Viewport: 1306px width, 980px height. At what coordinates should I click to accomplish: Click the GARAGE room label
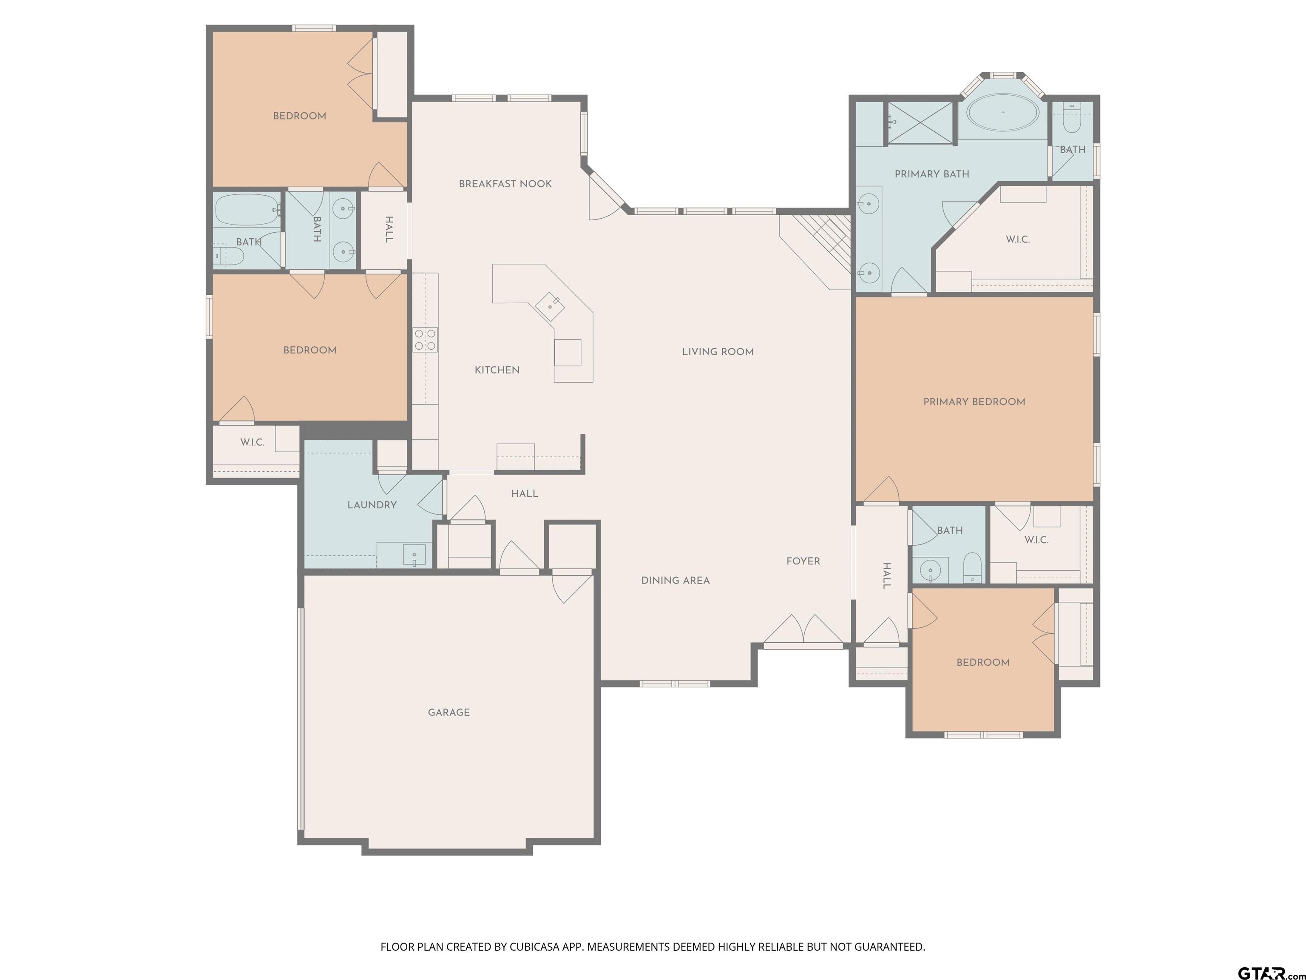[x=449, y=712]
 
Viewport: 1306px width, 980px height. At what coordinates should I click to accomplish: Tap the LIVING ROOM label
[x=718, y=352]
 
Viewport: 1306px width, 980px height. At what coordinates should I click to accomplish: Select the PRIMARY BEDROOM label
[x=974, y=402]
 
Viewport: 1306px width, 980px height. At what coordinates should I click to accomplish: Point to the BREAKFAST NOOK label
[x=505, y=184]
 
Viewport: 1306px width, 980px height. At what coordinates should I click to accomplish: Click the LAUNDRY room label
[x=372, y=505]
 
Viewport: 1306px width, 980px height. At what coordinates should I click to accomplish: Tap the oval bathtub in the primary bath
[x=1002, y=112]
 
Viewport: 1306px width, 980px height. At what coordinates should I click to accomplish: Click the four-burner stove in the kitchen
[x=425, y=339]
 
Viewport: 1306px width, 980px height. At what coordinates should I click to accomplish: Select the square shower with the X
[x=920, y=123]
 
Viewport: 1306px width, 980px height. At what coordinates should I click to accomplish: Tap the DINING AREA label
[x=676, y=581]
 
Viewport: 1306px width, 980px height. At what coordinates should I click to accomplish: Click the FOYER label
[x=803, y=561]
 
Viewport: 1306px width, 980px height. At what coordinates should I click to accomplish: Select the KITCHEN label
[x=497, y=370]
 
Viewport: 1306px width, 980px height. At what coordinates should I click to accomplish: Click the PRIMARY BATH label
[x=932, y=174]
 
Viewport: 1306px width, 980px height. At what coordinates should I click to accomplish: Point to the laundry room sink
[x=415, y=555]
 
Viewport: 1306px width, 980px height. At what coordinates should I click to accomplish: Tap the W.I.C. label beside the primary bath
[x=1018, y=240]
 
